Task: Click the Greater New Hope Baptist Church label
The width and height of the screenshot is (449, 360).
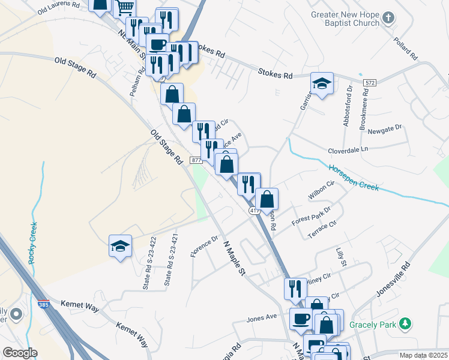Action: (344, 19)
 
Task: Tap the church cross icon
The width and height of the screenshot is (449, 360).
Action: (388, 17)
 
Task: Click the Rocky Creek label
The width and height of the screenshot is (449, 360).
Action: (32, 242)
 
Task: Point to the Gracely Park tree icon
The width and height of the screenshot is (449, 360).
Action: (406, 324)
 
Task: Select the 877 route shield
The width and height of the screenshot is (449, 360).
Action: (196, 160)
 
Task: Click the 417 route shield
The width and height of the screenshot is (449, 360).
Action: (255, 211)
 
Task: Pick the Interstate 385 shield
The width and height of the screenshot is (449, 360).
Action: (43, 305)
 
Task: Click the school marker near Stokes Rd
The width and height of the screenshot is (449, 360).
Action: (322, 84)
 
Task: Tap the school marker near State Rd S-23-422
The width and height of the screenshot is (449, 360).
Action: (120, 246)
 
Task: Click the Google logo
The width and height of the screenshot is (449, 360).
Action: (20, 352)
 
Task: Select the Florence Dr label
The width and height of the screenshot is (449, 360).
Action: (205, 247)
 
